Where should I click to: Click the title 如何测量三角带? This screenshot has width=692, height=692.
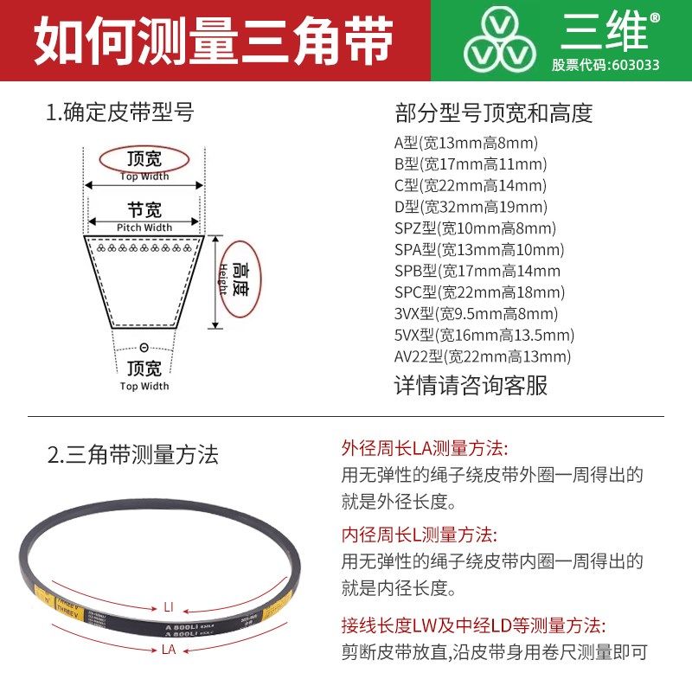pos(213,41)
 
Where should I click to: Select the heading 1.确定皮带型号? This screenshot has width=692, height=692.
pos(120,112)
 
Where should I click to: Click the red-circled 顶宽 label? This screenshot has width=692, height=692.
pos(144,160)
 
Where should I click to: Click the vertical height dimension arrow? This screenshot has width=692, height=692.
pos(215,281)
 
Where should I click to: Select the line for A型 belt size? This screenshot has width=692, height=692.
pos(466,144)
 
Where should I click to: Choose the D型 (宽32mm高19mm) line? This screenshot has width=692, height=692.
pos(471,207)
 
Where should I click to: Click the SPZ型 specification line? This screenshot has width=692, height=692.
pos(475,228)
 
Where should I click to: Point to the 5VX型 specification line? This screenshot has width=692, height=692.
pos(484,335)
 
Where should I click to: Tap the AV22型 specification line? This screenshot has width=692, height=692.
pos(483,356)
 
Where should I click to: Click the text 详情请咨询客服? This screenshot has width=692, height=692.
pos(471,385)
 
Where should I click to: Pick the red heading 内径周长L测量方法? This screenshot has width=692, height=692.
pos(420,534)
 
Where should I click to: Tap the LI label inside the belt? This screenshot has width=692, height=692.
pos(169,605)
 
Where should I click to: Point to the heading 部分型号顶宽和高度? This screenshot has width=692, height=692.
pos(493,113)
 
